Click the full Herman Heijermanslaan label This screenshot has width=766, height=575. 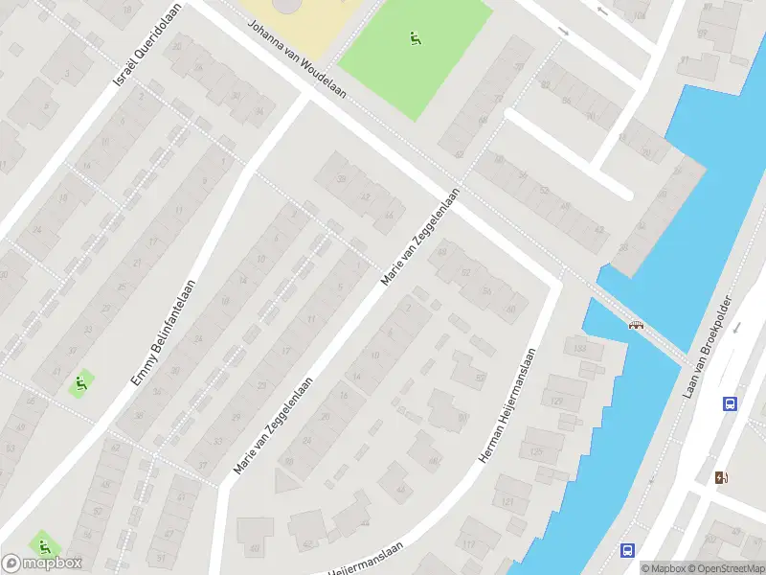pyautogui.click(x=507, y=407)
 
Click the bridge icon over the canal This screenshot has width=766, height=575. pyautogui.click(x=635, y=326)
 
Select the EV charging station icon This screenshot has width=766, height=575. pyautogui.click(x=721, y=476)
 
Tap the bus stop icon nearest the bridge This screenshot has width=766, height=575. pyautogui.click(x=730, y=403)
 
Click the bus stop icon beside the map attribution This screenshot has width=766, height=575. pyautogui.click(x=627, y=550)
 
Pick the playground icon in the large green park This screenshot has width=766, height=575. pyautogui.click(x=415, y=39)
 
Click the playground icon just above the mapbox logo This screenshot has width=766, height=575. pyautogui.click(x=44, y=545)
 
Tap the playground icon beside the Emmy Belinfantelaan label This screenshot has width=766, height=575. pyautogui.click(x=80, y=385)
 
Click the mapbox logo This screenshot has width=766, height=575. pyautogui.click(x=42, y=563)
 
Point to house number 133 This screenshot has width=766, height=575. pyautogui.click(x=579, y=348)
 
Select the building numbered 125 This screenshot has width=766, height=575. pyautogui.click(x=534, y=450)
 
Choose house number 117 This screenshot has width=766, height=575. pyautogui.click(x=469, y=545)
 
